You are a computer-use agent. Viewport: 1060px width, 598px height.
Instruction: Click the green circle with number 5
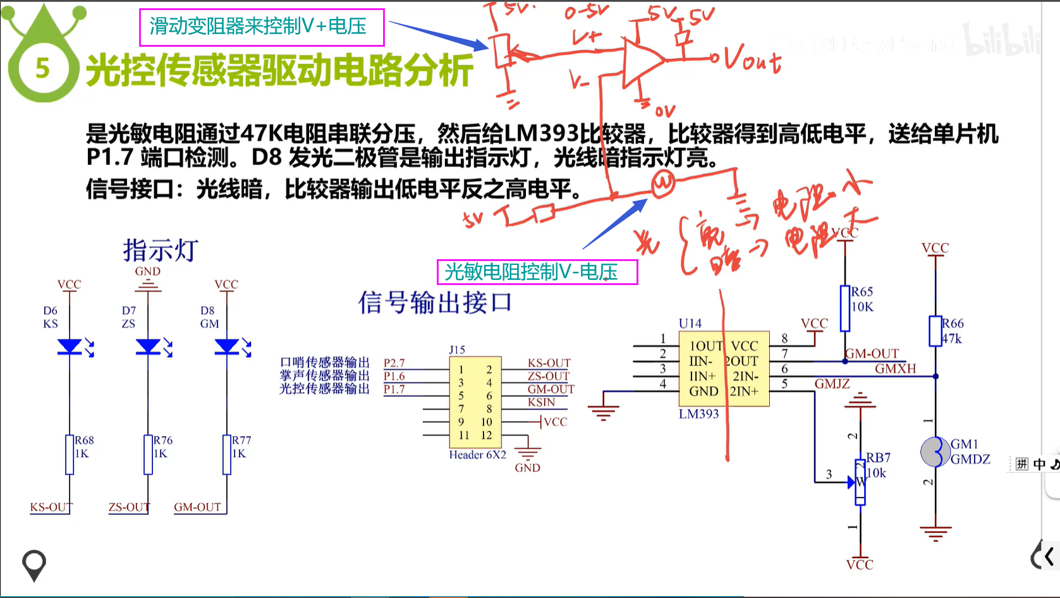click(42, 68)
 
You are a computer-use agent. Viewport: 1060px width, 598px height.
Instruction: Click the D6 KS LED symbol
click(70, 346)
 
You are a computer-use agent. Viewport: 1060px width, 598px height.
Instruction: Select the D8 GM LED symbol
click(227, 346)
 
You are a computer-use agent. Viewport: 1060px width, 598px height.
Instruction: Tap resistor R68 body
click(70, 454)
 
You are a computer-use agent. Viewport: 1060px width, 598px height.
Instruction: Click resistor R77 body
click(227, 454)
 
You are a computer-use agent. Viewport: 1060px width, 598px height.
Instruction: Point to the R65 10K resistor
click(845, 308)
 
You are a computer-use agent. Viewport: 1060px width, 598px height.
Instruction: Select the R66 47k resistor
click(935, 331)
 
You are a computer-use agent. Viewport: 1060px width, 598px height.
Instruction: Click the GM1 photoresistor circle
click(935, 451)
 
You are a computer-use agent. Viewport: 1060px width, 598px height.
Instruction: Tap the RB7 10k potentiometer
click(860, 482)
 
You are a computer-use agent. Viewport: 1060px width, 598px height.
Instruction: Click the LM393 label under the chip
click(698, 414)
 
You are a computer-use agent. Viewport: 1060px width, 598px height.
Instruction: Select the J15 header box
click(475, 402)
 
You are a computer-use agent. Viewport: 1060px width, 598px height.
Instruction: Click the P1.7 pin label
click(394, 389)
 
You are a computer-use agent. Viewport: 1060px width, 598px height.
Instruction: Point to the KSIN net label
click(541, 402)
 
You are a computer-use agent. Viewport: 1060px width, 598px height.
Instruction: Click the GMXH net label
click(895, 369)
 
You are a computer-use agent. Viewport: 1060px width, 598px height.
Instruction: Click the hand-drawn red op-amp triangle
click(642, 61)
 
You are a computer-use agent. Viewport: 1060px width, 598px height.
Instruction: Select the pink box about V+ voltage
click(261, 27)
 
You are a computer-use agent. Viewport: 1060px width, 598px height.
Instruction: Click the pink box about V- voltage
click(537, 272)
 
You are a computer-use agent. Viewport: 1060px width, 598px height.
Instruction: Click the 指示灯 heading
click(161, 250)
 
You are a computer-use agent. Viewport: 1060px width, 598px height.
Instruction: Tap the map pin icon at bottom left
click(34, 564)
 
